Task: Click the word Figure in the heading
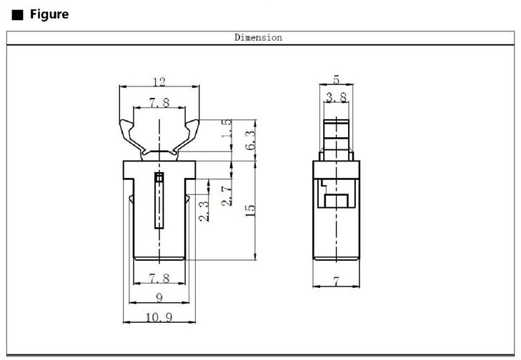(x=49, y=14)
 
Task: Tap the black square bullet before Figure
(x=15, y=15)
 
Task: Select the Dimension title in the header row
(x=258, y=38)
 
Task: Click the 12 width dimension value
(x=158, y=82)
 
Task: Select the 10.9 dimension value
(x=158, y=316)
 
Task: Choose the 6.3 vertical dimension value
(x=250, y=139)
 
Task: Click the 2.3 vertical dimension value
(x=204, y=211)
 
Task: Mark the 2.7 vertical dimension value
(x=227, y=194)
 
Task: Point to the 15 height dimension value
(x=249, y=210)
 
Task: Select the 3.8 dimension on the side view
(x=335, y=96)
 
